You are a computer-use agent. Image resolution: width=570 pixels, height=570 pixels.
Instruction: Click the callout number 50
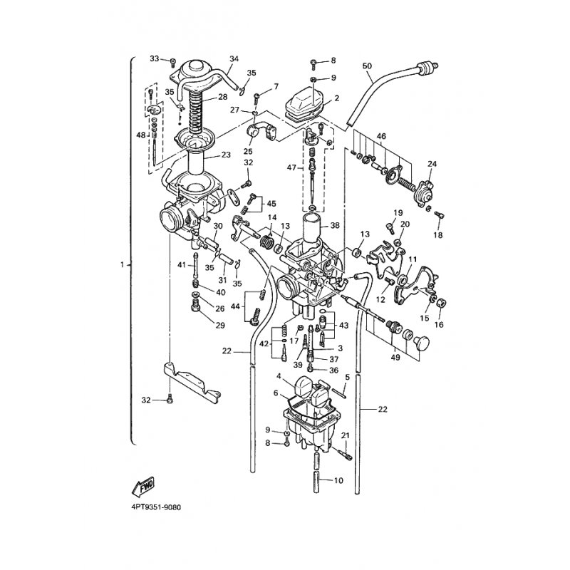click(368, 66)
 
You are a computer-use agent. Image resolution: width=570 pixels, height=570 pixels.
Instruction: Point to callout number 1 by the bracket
click(123, 264)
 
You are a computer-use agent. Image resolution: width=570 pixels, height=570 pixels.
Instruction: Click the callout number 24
click(432, 164)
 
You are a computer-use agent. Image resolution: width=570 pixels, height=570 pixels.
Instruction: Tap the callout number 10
click(338, 480)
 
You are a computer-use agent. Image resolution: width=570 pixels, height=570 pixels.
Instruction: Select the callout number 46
click(381, 135)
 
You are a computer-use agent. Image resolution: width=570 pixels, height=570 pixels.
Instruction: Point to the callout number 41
click(182, 265)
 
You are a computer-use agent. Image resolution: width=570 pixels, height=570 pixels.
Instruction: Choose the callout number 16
click(439, 324)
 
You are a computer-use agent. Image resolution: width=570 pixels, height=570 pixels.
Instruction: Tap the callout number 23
click(226, 155)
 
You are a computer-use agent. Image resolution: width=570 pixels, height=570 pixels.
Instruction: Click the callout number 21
click(345, 436)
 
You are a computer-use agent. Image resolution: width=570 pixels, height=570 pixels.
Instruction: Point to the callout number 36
click(333, 370)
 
